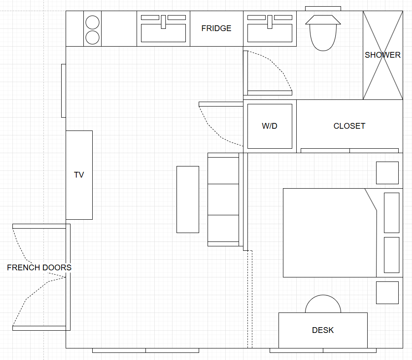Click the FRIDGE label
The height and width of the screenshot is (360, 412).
[x=216, y=28]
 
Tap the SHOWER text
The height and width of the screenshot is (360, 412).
[x=383, y=55]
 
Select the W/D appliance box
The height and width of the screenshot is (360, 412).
[x=270, y=126]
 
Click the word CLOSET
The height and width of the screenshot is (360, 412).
[x=349, y=126]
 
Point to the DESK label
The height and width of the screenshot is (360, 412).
[x=323, y=330]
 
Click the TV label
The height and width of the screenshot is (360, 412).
[x=79, y=175]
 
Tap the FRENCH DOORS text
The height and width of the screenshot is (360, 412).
[x=39, y=268]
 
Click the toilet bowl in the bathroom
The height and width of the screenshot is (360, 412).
[x=323, y=37]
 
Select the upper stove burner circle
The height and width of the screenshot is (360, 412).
[x=93, y=22]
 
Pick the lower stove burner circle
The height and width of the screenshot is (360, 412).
[x=93, y=38]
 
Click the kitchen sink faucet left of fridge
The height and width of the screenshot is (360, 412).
[x=164, y=22]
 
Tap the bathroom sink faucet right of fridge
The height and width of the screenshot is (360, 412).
[x=270, y=22]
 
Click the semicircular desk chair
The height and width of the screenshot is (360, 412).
[x=323, y=295]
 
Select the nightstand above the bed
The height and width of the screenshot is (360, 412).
[x=387, y=173]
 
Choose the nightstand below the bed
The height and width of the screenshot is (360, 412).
[x=387, y=293]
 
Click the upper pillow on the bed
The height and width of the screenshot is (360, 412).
[x=392, y=213]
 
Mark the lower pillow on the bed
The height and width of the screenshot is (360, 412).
[x=392, y=255]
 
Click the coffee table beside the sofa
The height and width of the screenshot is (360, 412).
[x=188, y=200]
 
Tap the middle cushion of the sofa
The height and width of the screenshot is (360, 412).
[x=224, y=200]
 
